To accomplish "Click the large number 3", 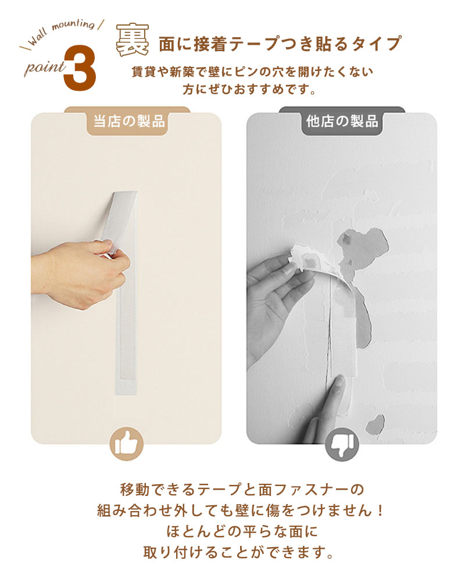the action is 80,68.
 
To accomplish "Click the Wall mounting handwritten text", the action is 62,32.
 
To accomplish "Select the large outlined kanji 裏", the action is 133,40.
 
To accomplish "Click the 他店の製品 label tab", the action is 342,122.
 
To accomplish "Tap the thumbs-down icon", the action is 342,444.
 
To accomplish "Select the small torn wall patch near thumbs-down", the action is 375,424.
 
